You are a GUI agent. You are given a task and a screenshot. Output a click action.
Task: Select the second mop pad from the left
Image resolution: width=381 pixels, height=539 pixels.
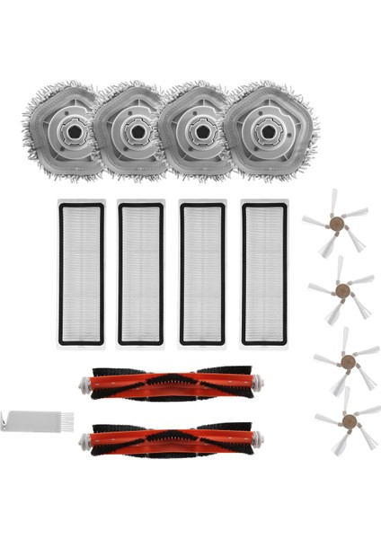point(137,132)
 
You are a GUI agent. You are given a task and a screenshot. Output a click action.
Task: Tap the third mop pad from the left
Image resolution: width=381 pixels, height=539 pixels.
point(199,132)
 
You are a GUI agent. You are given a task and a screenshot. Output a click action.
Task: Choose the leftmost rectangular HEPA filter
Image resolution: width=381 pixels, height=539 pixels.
point(81,273)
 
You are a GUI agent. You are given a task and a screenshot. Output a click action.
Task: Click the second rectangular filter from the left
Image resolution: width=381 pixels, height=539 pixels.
point(141,273)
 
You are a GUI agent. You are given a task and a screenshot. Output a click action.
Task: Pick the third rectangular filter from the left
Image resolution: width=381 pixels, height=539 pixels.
point(202,273)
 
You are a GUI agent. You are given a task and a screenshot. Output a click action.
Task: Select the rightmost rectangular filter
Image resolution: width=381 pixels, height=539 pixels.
point(263,273)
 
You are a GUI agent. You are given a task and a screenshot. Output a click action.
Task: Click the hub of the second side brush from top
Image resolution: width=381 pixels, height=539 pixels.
point(341,288)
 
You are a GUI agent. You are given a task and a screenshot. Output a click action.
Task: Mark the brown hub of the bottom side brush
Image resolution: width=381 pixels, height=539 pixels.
point(347,420)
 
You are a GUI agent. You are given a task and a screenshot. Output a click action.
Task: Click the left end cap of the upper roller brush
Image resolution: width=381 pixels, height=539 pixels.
point(86,384)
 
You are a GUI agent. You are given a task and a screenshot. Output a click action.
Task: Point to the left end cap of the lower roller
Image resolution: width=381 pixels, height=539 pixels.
point(86,439)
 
